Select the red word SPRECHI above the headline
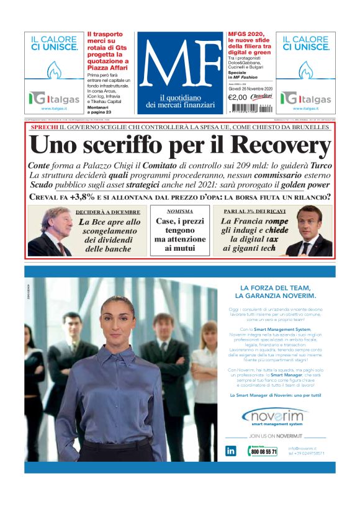44,127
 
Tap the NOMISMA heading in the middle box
180,212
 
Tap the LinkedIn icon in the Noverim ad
231,451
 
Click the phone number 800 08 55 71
264,452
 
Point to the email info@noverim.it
303,448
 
